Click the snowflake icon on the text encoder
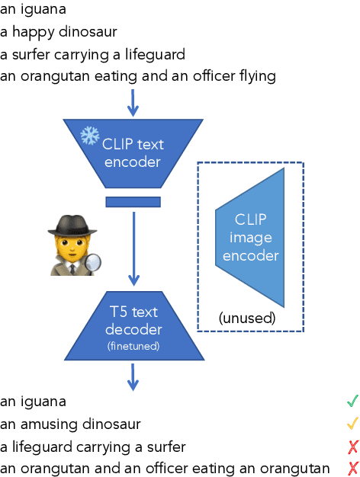click(x=90, y=136)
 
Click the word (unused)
click(x=246, y=317)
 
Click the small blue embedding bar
click(x=133, y=201)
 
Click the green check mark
click(x=352, y=400)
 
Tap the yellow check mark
click(x=352, y=423)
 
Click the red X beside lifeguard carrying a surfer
click(x=352, y=446)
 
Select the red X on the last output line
click(x=352, y=468)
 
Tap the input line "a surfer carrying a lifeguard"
click(x=92, y=54)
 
